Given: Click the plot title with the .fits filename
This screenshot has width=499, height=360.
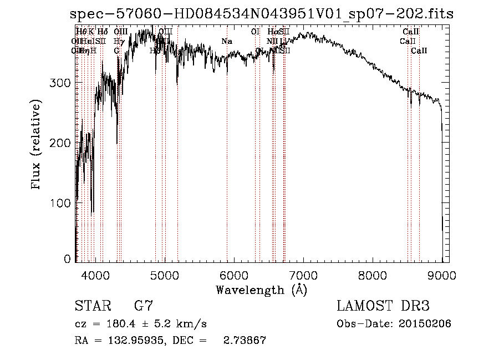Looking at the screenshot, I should click(x=262, y=14).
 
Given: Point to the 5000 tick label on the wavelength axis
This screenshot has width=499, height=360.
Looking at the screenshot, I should click(x=165, y=275).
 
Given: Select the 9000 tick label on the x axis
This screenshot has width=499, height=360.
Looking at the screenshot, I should click(x=442, y=275).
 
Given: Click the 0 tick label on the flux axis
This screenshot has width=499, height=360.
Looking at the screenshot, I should click(x=67, y=258).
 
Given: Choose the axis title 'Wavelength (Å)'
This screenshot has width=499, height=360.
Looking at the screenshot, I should click(x=261, y=290).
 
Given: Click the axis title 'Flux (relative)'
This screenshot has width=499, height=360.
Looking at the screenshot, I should click(x=37, y=145).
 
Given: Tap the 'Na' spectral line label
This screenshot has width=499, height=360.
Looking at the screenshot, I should click(x=227, y=41).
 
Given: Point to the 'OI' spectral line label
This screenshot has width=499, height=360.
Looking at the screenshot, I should click(x=255, y=32).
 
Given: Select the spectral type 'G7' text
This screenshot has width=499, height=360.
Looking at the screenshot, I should click(x=143, y=306).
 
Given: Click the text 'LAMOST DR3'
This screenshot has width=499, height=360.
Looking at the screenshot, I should click(x=383, y=306).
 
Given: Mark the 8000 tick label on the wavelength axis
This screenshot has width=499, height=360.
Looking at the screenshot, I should click(x=373, y=275).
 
